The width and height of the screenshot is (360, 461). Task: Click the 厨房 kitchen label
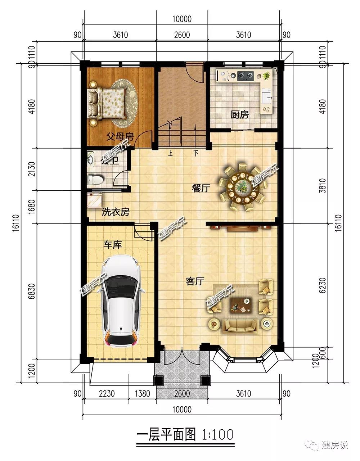coord(239,115)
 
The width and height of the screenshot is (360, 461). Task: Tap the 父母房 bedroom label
coord(120,136)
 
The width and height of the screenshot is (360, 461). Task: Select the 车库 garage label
coord(112,245)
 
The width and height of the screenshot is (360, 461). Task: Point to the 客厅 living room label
coord(195,281)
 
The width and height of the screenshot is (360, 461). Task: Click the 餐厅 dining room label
coord(201,188)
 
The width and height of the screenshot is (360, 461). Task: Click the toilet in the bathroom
coord(95,180)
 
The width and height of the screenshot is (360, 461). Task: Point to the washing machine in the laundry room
coord(95,200)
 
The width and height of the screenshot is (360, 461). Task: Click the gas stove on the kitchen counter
coord(246,76)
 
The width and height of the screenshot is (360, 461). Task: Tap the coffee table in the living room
coord(241,305)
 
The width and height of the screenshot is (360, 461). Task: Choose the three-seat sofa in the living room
coord(240,328)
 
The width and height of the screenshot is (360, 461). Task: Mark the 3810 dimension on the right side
coord(322,185)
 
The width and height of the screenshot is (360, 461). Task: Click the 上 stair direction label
coord(170,153)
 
